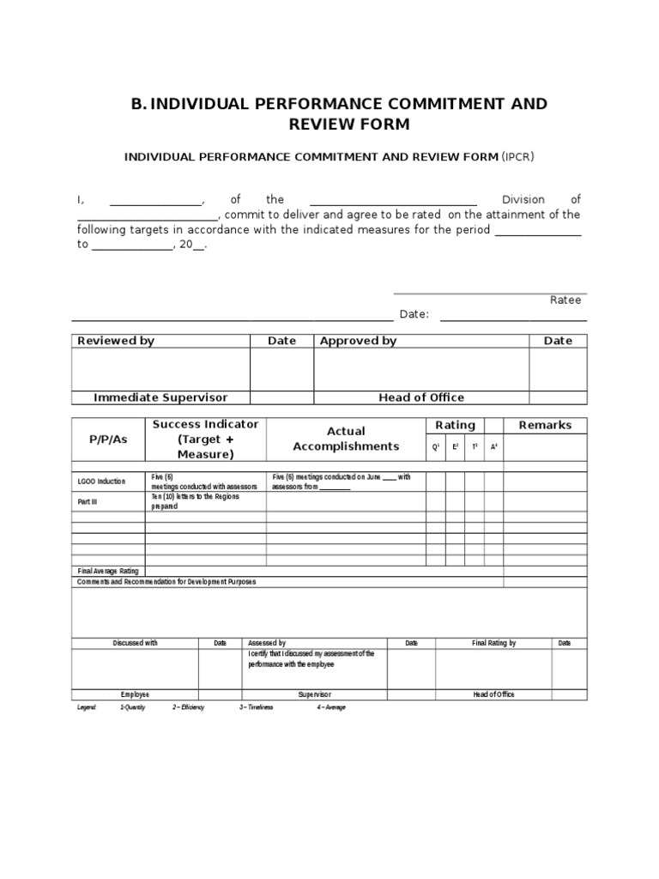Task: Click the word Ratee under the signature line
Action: click(x=565, y=300)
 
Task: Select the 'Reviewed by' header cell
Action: click(x=116, y=341)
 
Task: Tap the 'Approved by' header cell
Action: click(x=358, y=341)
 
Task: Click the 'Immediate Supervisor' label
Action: click(x=160, y=397)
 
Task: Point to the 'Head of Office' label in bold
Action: click(x=421, y=397)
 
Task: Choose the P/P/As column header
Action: click(x=108, y=439)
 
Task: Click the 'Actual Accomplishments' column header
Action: click(x=346, y=439)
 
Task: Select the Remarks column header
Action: click(x=545, y=425)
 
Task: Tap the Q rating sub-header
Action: click(x=436, y=447)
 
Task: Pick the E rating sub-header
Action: click(x=456, y=447)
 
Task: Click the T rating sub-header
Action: click(x=475, y=447)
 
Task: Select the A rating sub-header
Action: click(x=493, y=447)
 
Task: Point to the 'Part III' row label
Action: click(x=88, y=502)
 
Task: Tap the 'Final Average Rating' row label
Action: click(x=108, y=571)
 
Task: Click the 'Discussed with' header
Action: click(x=136, y=643)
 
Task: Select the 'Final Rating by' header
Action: click(x=494, y=643)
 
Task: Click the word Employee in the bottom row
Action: click(x=136, y=694)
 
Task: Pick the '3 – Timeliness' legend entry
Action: click(x=256, y=707)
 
